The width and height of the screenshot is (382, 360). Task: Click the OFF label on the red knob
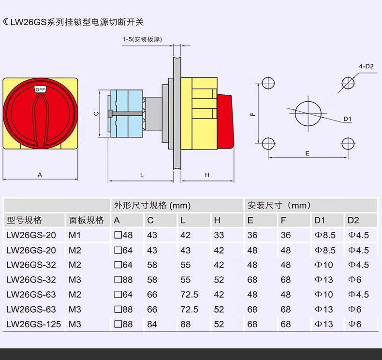[x=40, y=90]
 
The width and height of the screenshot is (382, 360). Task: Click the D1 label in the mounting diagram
[x=347, y=119]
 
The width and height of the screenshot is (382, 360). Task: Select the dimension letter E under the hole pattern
[x=307, y=153]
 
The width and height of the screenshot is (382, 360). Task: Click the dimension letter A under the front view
[x=40, y=175]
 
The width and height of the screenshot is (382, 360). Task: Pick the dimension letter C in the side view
[x=96, y=114]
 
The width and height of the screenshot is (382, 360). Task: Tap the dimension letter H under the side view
[x=207, y=175]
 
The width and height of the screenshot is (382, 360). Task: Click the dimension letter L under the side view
[x=142, y=175]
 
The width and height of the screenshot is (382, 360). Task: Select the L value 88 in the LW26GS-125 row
[x=185, y=324]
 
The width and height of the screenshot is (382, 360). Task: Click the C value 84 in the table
[x=152, y=324]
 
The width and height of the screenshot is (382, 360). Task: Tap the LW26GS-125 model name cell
[x=34, y=324]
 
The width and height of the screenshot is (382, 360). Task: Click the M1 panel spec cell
[x=74, y=236]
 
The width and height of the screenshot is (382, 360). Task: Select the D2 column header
[x=353, y=221]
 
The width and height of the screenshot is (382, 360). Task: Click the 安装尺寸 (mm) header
[x=279, y=206]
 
